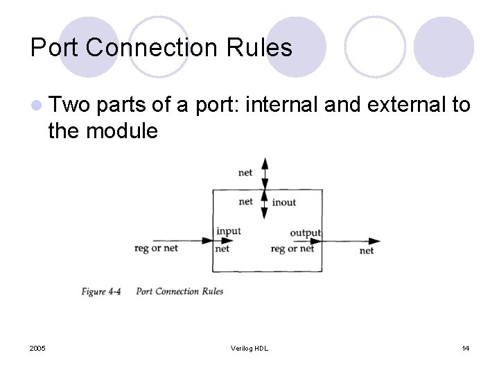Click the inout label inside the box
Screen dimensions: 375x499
284,202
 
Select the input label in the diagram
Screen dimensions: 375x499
229,231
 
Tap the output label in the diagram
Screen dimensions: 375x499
305,233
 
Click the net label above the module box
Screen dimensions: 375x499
245,172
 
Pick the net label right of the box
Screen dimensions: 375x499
367,250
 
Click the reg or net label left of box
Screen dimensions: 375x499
156,248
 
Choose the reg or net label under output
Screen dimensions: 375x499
292,249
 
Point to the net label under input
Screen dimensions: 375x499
222,249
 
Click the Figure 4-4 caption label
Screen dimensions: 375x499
101,292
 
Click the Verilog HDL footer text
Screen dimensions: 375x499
249,348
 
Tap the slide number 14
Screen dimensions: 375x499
465,348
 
